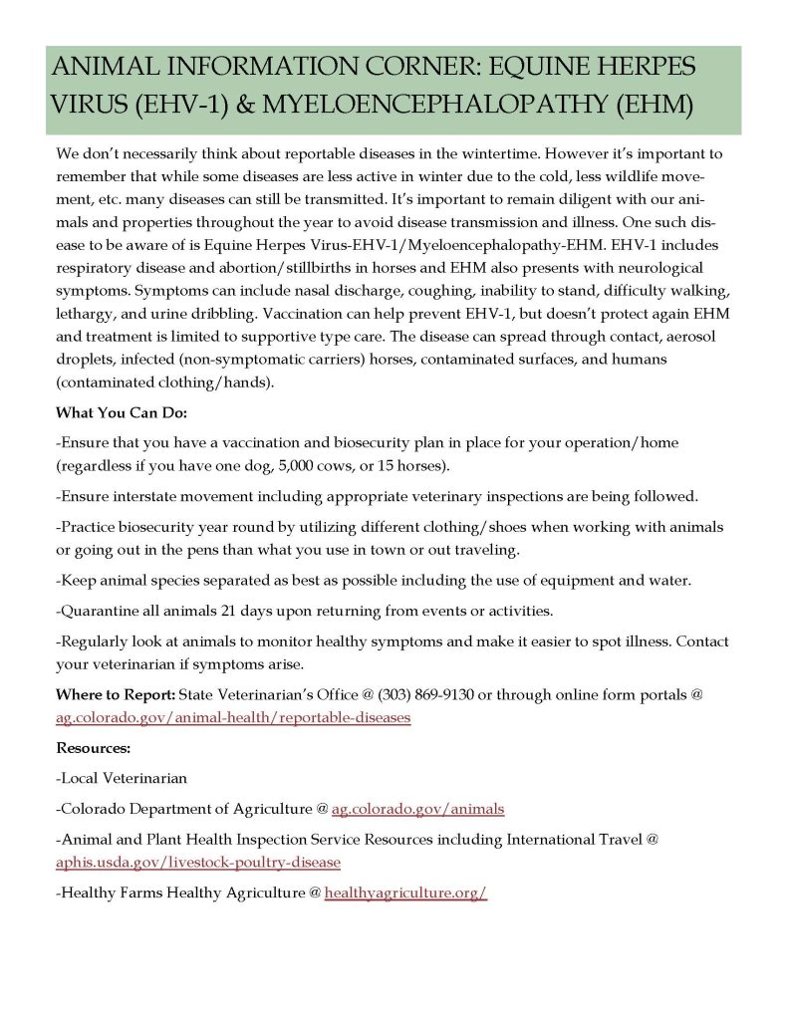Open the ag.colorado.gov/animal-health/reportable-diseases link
[233, 717]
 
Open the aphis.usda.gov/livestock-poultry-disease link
[199, 861]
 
